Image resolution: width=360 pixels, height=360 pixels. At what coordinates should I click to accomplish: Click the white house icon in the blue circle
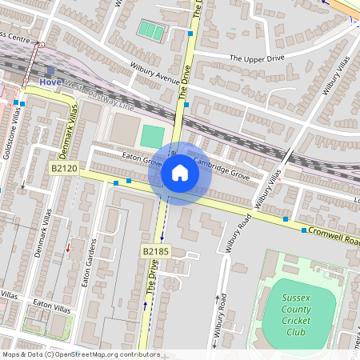point(180,173)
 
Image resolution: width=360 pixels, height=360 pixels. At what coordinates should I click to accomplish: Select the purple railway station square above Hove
point(50,71)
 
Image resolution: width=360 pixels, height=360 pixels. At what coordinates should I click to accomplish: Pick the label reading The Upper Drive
point(258,58)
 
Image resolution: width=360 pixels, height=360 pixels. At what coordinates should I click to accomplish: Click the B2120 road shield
point(63,169)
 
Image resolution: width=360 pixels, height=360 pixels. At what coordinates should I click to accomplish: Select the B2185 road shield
point(156,251)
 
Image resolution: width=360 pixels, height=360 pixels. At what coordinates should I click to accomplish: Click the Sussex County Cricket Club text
point(296,316)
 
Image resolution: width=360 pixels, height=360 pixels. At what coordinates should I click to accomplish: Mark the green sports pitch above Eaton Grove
point(151,135)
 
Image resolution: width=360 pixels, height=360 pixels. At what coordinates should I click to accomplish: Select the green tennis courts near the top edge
point(150,30)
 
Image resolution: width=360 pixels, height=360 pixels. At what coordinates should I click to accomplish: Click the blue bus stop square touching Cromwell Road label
point(304,230)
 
